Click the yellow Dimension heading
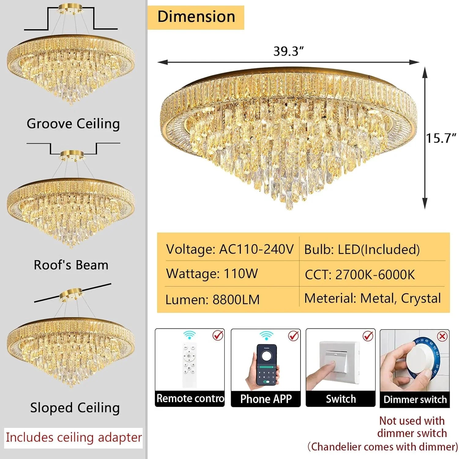coord(196,17)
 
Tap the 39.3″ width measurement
coord(288,51)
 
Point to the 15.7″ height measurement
coord(441,138)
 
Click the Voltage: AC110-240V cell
coord(229,249)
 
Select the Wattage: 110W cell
coord(212,274)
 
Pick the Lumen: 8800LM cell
coord(212,300)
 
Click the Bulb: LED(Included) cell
coord(362,250)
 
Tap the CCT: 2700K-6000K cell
coord(360,274)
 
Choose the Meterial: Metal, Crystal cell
coord(372,298)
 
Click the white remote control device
coord(189,365)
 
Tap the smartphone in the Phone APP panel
coord(266,365)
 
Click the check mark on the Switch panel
coord(368,336)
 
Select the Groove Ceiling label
coord(73,124)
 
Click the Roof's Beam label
coord(71,265)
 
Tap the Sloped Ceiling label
coord(75,408)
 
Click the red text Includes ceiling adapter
coord(74,438)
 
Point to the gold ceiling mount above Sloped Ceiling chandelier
coord(71,294)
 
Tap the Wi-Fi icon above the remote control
coord(190,335)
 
